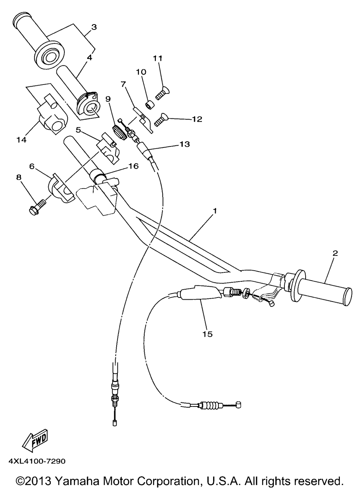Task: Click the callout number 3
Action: click(94, 27)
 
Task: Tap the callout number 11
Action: click(158, 58)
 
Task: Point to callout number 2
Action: click(335, 253)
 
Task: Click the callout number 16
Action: click(134, 166)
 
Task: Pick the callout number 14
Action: click(22, 140)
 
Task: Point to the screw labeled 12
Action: click(161, 120)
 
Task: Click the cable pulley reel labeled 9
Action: click(120, 132)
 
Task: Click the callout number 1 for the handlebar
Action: click(215, 211)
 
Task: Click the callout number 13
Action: click(185, 144)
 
